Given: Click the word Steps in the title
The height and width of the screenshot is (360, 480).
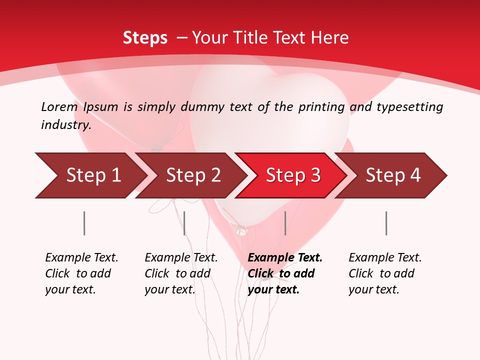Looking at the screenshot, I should click(145, 37).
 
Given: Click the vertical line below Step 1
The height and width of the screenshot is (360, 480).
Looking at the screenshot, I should click(84, 223).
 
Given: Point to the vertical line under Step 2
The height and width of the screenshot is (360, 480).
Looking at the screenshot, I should click(184, 223).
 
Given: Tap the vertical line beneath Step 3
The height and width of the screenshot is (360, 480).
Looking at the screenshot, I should click(285, 223).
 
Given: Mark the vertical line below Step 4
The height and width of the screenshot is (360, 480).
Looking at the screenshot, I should click(386, 223).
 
